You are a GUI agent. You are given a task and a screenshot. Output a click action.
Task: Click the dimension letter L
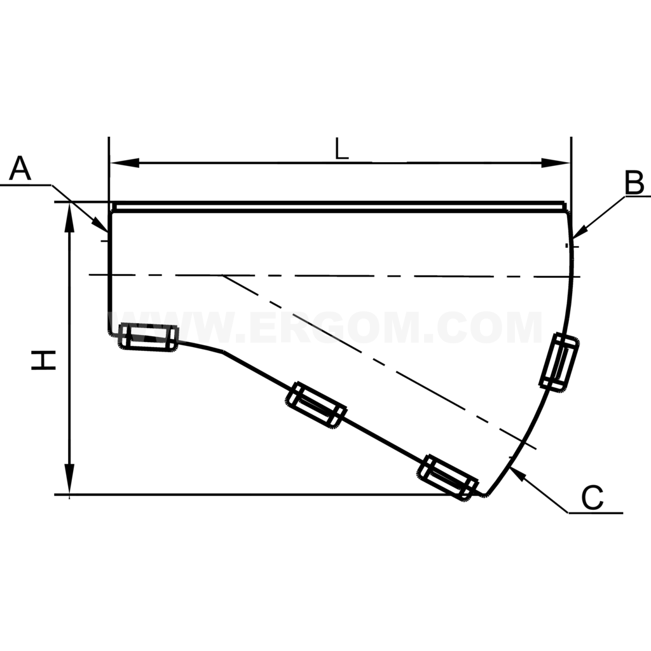[342, 149]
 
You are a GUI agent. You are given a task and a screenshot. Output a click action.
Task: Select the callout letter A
[21, 170]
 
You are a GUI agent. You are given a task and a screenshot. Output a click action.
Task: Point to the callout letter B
[634, 183]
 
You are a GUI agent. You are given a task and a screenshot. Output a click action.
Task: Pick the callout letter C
[592, 498]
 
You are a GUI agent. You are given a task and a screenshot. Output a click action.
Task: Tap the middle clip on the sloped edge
[316, 405]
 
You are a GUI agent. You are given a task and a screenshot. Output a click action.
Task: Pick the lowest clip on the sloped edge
[448, 477]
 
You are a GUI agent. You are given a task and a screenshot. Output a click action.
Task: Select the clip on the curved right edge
[558, 361]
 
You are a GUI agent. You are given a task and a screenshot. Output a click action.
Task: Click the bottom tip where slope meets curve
[486, 494]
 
